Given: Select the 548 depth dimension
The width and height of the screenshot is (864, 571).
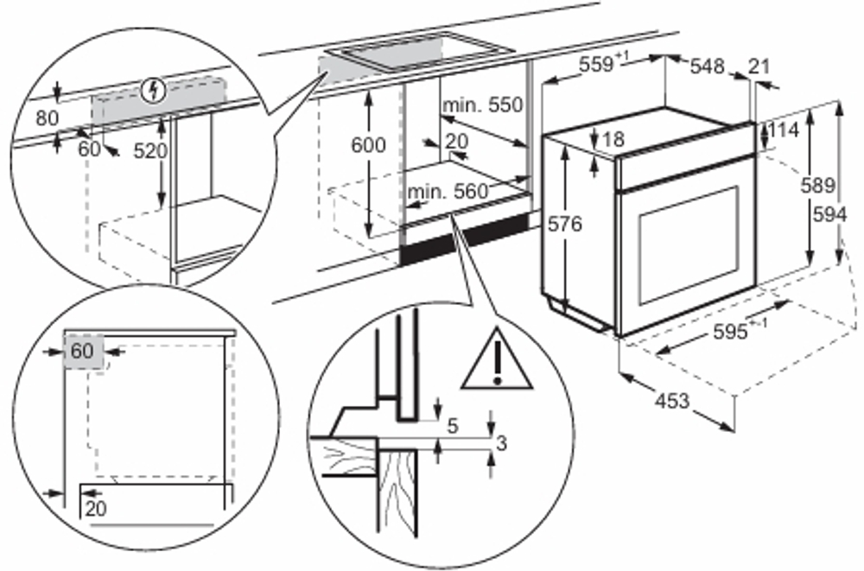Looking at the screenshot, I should point(707,66).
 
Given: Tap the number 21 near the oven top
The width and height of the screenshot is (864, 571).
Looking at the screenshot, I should point(759,66).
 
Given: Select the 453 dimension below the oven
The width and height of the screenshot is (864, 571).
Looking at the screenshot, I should point(671,400).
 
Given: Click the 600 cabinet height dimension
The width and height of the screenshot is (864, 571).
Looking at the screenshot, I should point(368,145).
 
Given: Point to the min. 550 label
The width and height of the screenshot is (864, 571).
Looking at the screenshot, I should point(483,105).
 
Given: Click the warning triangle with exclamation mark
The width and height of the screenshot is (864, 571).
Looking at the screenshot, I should point(496,360).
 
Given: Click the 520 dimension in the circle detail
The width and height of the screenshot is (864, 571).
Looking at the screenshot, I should point(151,149).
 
